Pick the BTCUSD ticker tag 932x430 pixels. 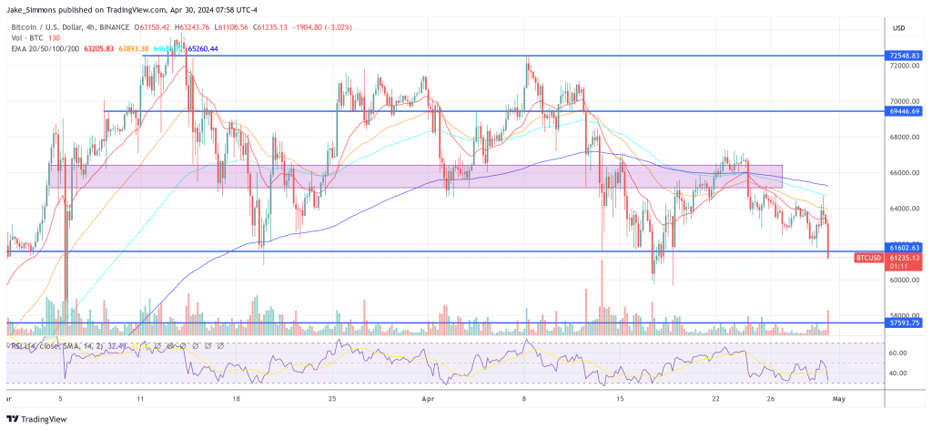click(x=868, y=258)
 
